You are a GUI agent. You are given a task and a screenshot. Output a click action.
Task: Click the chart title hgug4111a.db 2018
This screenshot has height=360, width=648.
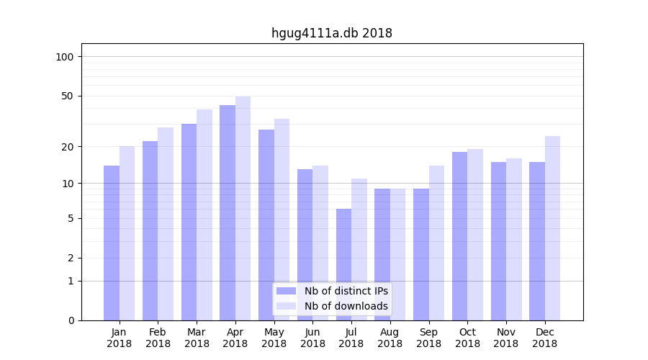pyautogui.click(x=331, y=33)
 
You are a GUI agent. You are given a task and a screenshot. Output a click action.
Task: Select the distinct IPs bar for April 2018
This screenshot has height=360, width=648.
pyautogui.click(x=228, y=212)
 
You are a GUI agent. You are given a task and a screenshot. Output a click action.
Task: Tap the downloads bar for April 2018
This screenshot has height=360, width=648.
pyautogui.click(x=243, y=208)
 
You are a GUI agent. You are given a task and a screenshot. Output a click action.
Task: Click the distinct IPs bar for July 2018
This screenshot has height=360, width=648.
pyautogui.click(x=343, y=264)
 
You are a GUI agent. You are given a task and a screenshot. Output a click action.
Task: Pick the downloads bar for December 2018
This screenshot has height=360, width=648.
pyautogui.click(x=552, y=228)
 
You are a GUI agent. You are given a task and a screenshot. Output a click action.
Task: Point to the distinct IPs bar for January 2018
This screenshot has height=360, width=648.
pyautogui.click(x=112, y=243)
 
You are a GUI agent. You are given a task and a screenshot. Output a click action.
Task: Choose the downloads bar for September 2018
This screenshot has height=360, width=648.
pyautogui.click(x=436, y=243)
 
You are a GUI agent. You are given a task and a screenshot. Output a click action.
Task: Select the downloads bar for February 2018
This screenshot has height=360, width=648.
pyautogui.click(x=166, y=224)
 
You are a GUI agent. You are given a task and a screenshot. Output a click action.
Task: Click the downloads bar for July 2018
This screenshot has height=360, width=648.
pyautogui.click(x=359, y=249)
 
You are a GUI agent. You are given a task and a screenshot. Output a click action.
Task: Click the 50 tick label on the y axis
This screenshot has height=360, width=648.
pyautogui.click(x=68, y=96)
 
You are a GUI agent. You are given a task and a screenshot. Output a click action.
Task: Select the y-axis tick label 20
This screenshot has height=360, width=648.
pyautogui.click(x=68, y=147)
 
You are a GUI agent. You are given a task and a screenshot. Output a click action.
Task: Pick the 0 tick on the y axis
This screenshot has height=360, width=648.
pyautogui.click(x=71, y=320)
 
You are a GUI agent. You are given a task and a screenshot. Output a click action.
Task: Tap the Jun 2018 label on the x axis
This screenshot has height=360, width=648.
pyautogui.click(x=312, y=338)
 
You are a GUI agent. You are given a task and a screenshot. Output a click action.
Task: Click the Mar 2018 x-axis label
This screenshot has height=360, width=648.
pyautogui.click(x=197, y=338)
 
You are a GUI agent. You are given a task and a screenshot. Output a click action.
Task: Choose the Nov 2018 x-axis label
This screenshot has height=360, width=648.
pyautogui.click(x=506, y=338)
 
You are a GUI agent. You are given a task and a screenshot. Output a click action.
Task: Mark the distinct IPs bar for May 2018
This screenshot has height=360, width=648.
pyautogui.click(x=266, y=225)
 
